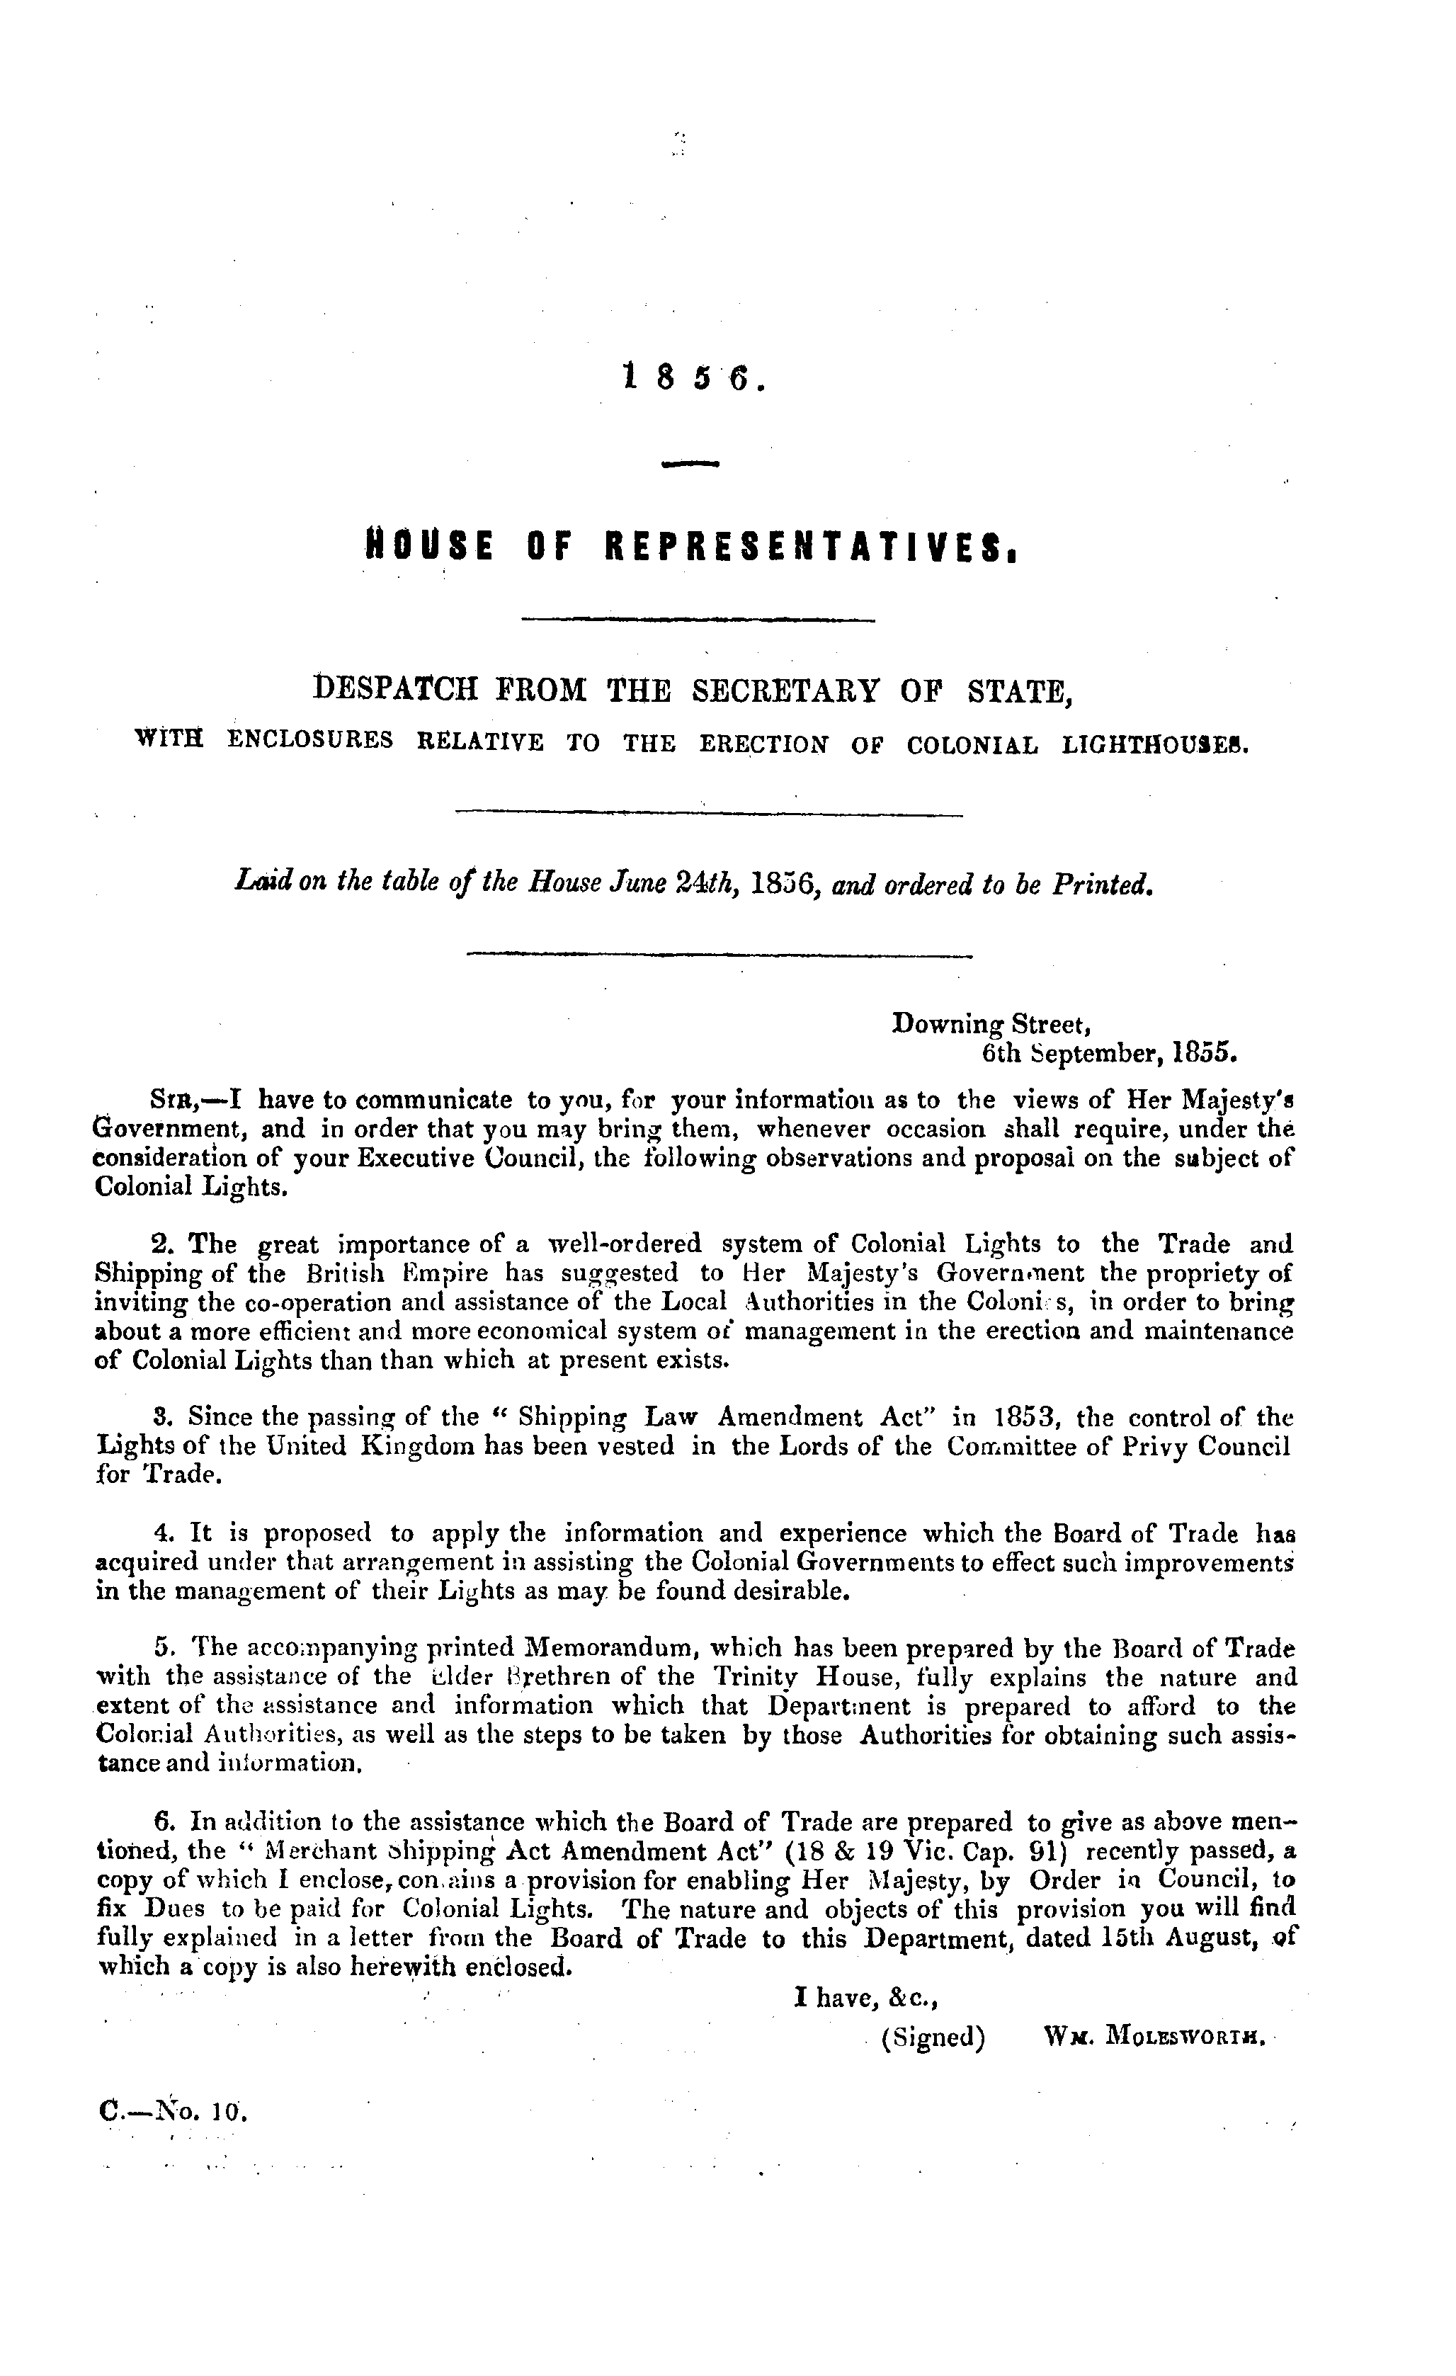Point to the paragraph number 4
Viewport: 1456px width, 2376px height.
coord(163,1533)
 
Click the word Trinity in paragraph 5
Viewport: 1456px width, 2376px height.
coord(757,1678)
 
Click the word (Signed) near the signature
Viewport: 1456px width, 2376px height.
coord(933,2037)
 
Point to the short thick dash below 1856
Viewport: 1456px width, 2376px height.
coord(691,465)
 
